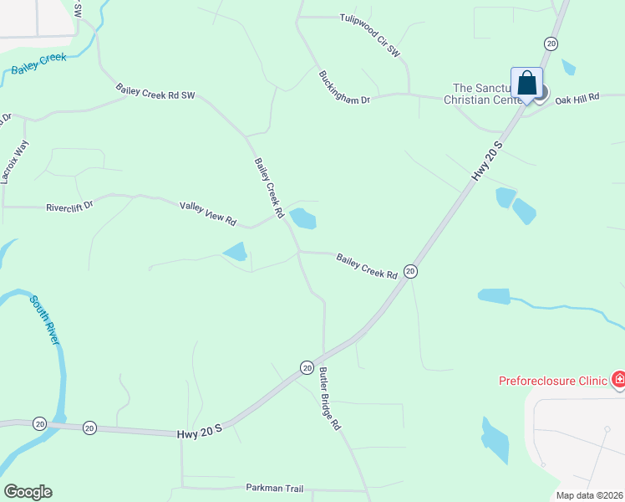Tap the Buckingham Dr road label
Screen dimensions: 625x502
[343, 87]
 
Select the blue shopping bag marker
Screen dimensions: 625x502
[526, 83]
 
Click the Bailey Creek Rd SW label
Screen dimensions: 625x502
[155, 94]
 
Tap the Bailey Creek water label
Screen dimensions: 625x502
[38, 64]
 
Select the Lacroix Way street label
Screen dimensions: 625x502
[14, 161]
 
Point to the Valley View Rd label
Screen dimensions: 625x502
[208, 213]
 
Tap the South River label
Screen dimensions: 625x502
[44, 319]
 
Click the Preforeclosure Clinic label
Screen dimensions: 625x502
[552, 381]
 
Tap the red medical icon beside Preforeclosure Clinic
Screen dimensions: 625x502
[618, 381]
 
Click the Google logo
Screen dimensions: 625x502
[28, 492]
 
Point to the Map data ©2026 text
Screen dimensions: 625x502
[589, 495]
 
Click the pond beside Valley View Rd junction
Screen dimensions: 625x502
[302, 219]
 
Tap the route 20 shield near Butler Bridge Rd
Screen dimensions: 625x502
[307, 368]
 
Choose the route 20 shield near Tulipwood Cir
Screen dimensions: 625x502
[551, 44]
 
